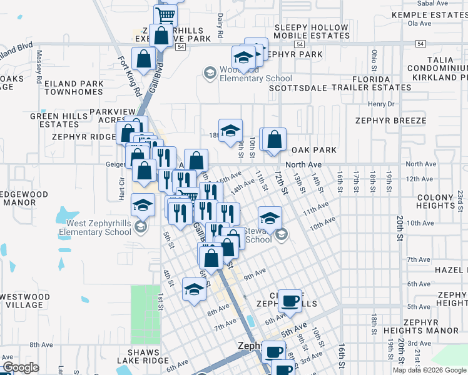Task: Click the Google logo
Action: (x=21, y=367)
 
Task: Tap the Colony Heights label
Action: (x=435, y=201)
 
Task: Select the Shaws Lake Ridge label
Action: (x=143, y=356)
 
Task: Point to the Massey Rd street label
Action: (x=39, y=67)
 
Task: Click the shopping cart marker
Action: (x=166, y=14)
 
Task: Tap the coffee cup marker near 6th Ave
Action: (x=290, y=301)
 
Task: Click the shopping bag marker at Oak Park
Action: (x=274, y=139)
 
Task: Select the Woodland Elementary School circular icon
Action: (x=208, y=74)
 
